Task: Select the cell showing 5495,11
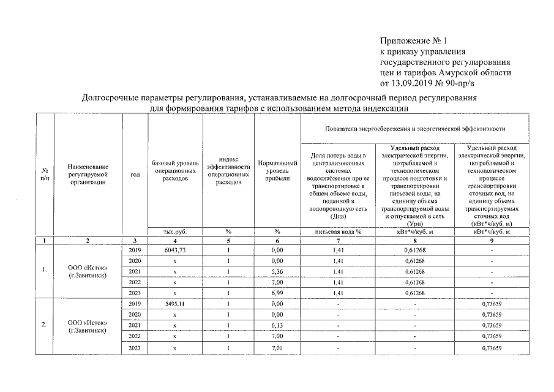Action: click(x=174, y=303)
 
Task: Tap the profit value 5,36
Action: click(x=277, y=271)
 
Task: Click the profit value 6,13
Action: click(x=277, y=325)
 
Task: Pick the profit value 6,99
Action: click(x=277, y=293)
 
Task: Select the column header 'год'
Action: click(x=135, y=174)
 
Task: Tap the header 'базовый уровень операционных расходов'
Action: click(x=175, y=170)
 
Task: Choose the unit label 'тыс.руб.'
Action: click(x=175, y=232)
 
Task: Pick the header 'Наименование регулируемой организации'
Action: click(x=88, y=174)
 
